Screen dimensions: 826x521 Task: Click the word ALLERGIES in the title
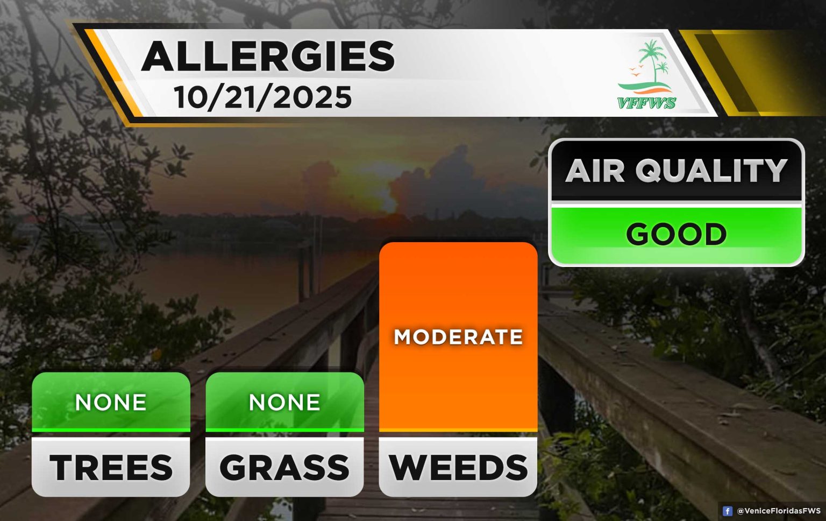pos(268,56)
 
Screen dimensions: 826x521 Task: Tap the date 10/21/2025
pos(263,97)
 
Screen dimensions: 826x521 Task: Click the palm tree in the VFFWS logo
pos(653,61)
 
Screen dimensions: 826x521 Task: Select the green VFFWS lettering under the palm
pos(647,103)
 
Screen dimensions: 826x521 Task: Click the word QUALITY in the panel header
pos(711,171)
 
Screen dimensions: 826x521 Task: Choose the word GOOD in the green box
pos(677,234)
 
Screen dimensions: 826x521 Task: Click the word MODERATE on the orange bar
pos(458,337)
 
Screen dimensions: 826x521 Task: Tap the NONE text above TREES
pos(111,402)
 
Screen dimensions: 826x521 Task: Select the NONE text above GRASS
pos(284,402)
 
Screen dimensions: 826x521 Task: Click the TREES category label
pos(111,467)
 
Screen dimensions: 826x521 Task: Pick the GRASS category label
pos(284,467)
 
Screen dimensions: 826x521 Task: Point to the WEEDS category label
pos(458,467)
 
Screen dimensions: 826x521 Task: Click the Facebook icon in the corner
pos(727,511)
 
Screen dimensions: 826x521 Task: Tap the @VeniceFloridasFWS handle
pos(779,511)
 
